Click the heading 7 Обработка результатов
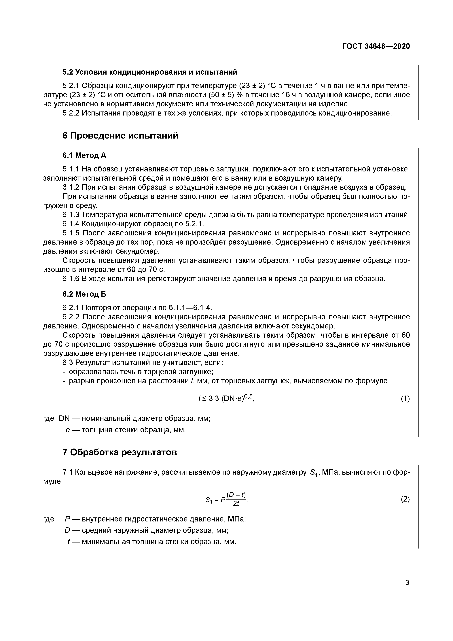coord(120,452)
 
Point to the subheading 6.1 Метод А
coord(84,155)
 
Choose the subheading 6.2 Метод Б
coord(84,294)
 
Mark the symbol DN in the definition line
coord(65,419)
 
